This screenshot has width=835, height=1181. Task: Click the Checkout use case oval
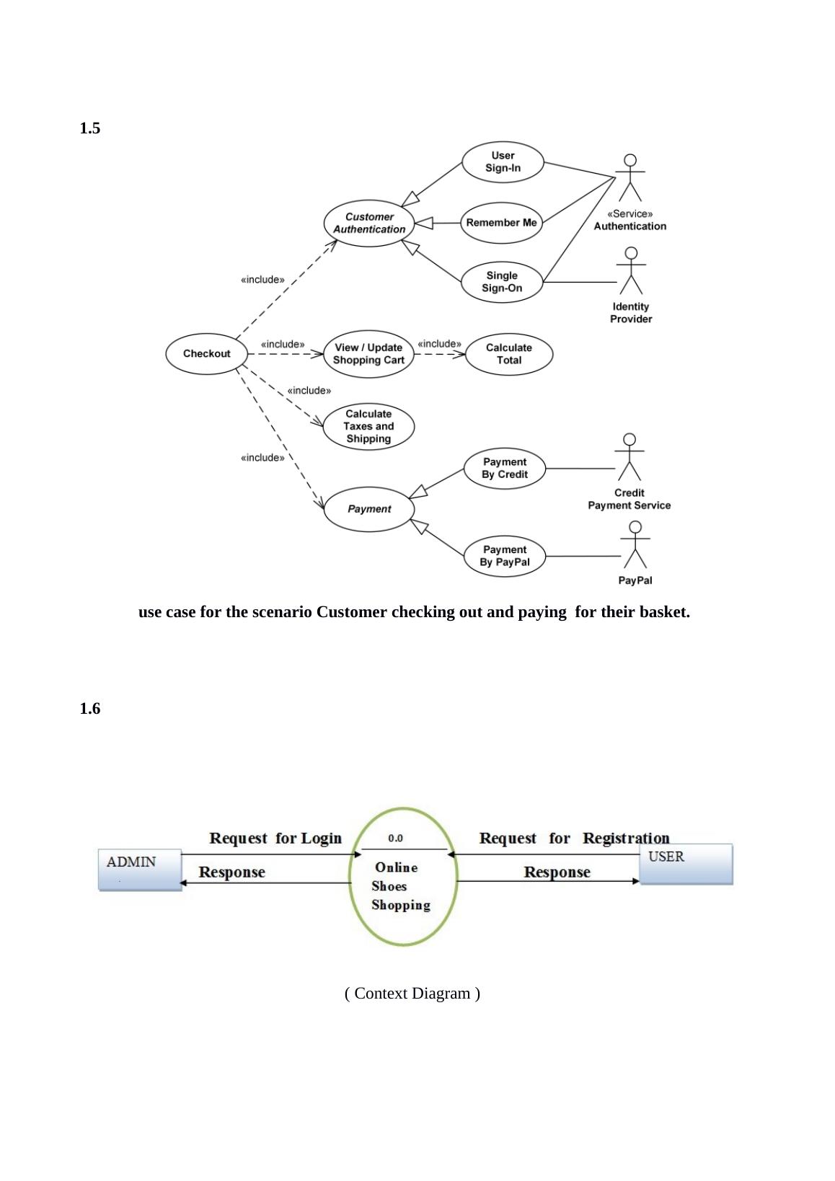(x=206, y=353)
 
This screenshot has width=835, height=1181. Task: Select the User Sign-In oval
(x=503, y=162)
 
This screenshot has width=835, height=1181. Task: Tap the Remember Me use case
(x=501, y=223)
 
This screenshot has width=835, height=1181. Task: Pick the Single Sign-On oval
(x=502, y=282)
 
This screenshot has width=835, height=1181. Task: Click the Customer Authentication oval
(x=369, y=223)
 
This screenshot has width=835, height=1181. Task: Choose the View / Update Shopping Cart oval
(x=368, y=354)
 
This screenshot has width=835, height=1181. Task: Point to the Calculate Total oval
(x=508, y=354)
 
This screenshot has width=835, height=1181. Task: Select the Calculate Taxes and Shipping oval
(x=368, y=426)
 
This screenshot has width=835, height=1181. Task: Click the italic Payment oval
(x=369, y=509)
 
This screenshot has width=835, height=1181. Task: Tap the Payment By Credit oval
(x=504, y=469)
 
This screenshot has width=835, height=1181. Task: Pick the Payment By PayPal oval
(x=504, y=556)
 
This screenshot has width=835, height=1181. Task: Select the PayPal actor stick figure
(x=635, y=545)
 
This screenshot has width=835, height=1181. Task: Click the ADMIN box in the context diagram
(x=140, y=870)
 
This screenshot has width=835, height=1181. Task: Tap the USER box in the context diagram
(x=686, y=864)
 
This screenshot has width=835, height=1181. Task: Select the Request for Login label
(x=275, y=838)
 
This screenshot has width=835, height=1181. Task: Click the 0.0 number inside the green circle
(x=395, y=839)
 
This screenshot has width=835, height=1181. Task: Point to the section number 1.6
(x=90, y=709)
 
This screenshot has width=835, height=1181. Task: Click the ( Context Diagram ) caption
(x=412, y=994)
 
